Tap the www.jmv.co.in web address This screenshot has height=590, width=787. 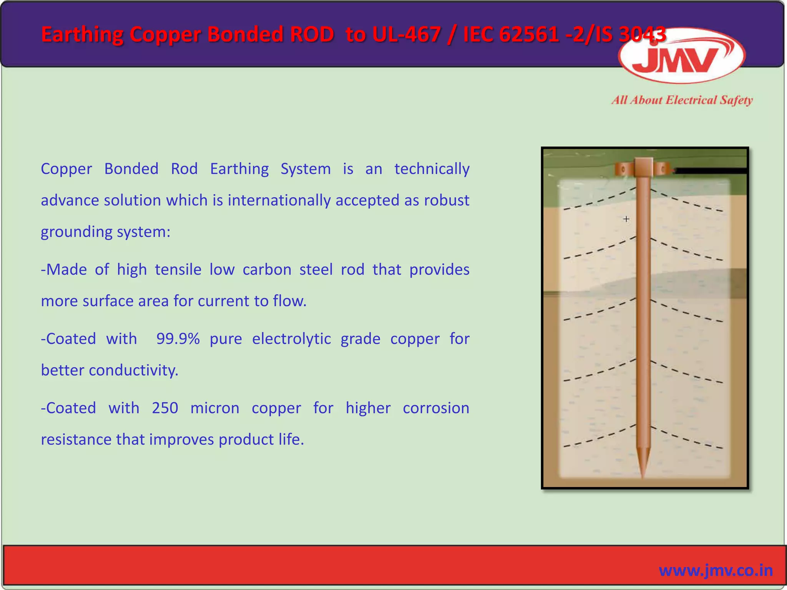(716, 570)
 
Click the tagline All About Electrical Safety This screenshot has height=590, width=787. (682, 100)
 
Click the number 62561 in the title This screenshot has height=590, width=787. (530, 35)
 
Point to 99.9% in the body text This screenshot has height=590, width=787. (178, 339)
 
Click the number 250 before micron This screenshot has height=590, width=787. (165, 408)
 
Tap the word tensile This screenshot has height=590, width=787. (178, 270)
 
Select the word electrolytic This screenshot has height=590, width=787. (291, 339)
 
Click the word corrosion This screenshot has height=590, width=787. (436, 408)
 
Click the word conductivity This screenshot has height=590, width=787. (133, 370)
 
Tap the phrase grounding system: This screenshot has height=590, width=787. (105, 232)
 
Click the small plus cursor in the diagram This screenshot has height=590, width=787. (626, 219)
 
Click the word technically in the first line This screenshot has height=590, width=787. (432, 169)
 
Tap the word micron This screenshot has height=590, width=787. (215, 408)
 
